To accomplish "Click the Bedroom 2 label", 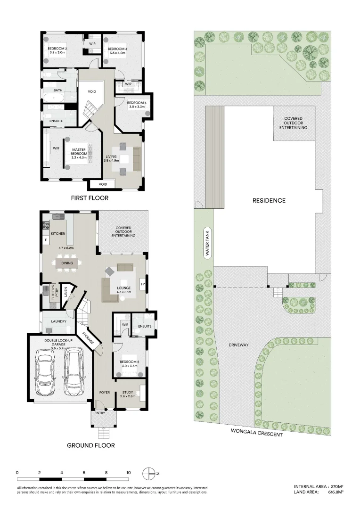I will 57,49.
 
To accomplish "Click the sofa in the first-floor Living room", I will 137,159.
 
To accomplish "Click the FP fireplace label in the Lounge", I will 142,284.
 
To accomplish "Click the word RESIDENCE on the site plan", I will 269,200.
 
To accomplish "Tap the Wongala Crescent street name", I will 257,432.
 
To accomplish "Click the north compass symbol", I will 149,473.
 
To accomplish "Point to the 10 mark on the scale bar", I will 128,472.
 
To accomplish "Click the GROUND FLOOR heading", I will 90,445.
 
